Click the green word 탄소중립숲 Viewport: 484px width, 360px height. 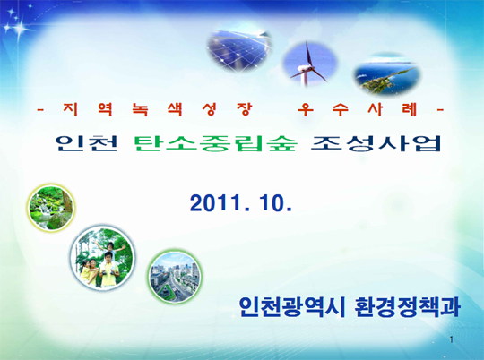point(215,143)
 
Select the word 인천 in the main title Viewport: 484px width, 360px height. point(87,143)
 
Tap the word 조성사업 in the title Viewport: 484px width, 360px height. point(376,143)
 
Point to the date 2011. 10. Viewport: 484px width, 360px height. point(241,203)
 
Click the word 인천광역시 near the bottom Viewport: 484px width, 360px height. point(291,307)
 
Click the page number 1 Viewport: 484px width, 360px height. point(451,339)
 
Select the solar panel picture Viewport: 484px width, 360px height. point(239,49)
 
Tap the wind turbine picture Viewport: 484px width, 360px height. point(310,64)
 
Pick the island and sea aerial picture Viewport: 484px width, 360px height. point(387,74)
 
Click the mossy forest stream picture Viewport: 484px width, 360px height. point(51,207)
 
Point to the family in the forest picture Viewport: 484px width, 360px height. point(102,258)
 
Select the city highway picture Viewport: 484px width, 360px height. point(175,277)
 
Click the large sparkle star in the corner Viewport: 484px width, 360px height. point(18,29)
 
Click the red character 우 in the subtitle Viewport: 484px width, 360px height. point(306,109)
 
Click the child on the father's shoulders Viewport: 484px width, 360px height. point(110,248)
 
